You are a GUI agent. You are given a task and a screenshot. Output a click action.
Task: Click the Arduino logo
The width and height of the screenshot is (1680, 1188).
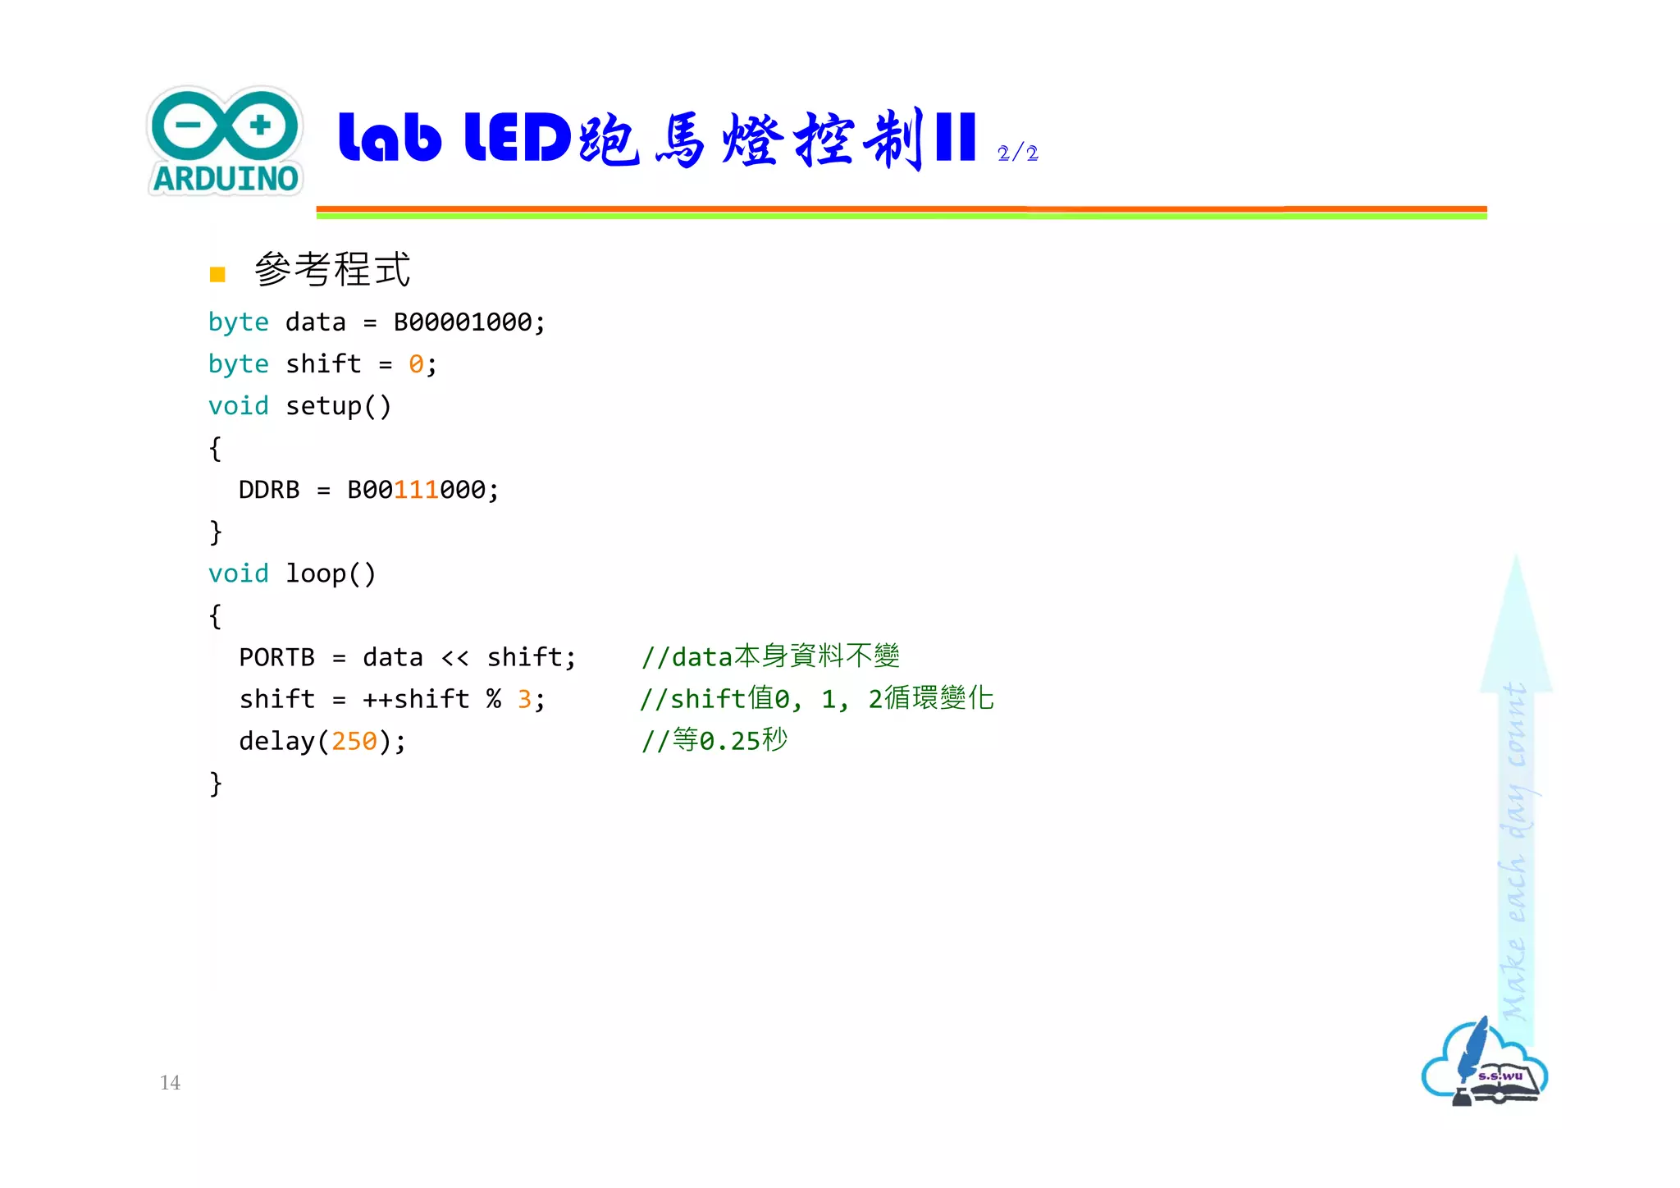click(x=226, y=141)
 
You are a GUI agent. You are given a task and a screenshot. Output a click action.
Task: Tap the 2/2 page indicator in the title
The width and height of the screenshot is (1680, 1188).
click(x=1017, y=153)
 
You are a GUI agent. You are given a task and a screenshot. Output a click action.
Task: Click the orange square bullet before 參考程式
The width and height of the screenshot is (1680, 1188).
click(x=217, y=274)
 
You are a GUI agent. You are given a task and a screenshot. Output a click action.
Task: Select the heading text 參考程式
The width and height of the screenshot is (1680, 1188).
click(x=332, y=270)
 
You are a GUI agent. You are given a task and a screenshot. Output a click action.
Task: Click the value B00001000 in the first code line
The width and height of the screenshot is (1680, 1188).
click(x=463, y=322)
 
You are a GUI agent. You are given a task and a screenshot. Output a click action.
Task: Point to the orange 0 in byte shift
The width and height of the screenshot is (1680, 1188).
click(x=416, y=364)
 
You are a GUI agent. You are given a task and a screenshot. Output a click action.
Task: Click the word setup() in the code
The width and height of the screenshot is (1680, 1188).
click(x=338, y=406)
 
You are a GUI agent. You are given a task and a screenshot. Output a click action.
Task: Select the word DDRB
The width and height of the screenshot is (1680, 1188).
click(x=269, y=491)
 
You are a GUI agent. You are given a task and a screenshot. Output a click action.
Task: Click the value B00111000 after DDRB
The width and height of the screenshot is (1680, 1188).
click(x=417, y=491)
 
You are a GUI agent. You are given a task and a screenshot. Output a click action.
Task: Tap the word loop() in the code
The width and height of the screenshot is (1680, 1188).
click(x=331, y=574)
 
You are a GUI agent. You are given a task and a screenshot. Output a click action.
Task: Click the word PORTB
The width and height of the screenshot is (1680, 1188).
click(x=277, y=658)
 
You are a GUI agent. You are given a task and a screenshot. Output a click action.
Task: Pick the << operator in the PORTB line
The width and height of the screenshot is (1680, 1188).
click(x=455, y=658)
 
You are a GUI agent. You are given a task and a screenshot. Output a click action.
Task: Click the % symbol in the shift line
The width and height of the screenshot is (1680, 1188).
click(x=493, y=699)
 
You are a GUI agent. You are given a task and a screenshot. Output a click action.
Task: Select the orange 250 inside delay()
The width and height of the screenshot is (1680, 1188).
click(x=354, y=742)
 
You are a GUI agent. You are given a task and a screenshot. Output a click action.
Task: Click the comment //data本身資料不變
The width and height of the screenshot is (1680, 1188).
click(x=770, y=657)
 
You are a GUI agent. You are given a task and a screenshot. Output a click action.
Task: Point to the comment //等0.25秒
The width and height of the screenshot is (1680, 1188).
click(x=714, y=741)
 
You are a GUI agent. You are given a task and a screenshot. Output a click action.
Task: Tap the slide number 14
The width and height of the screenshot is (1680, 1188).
click(x=170, y=1083)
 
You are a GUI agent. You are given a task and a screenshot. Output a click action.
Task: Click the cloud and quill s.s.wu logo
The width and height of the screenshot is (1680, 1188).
click(x=1484, y=1065)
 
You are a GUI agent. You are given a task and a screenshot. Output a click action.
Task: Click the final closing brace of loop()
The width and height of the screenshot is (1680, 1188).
click(x=215, y=784)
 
